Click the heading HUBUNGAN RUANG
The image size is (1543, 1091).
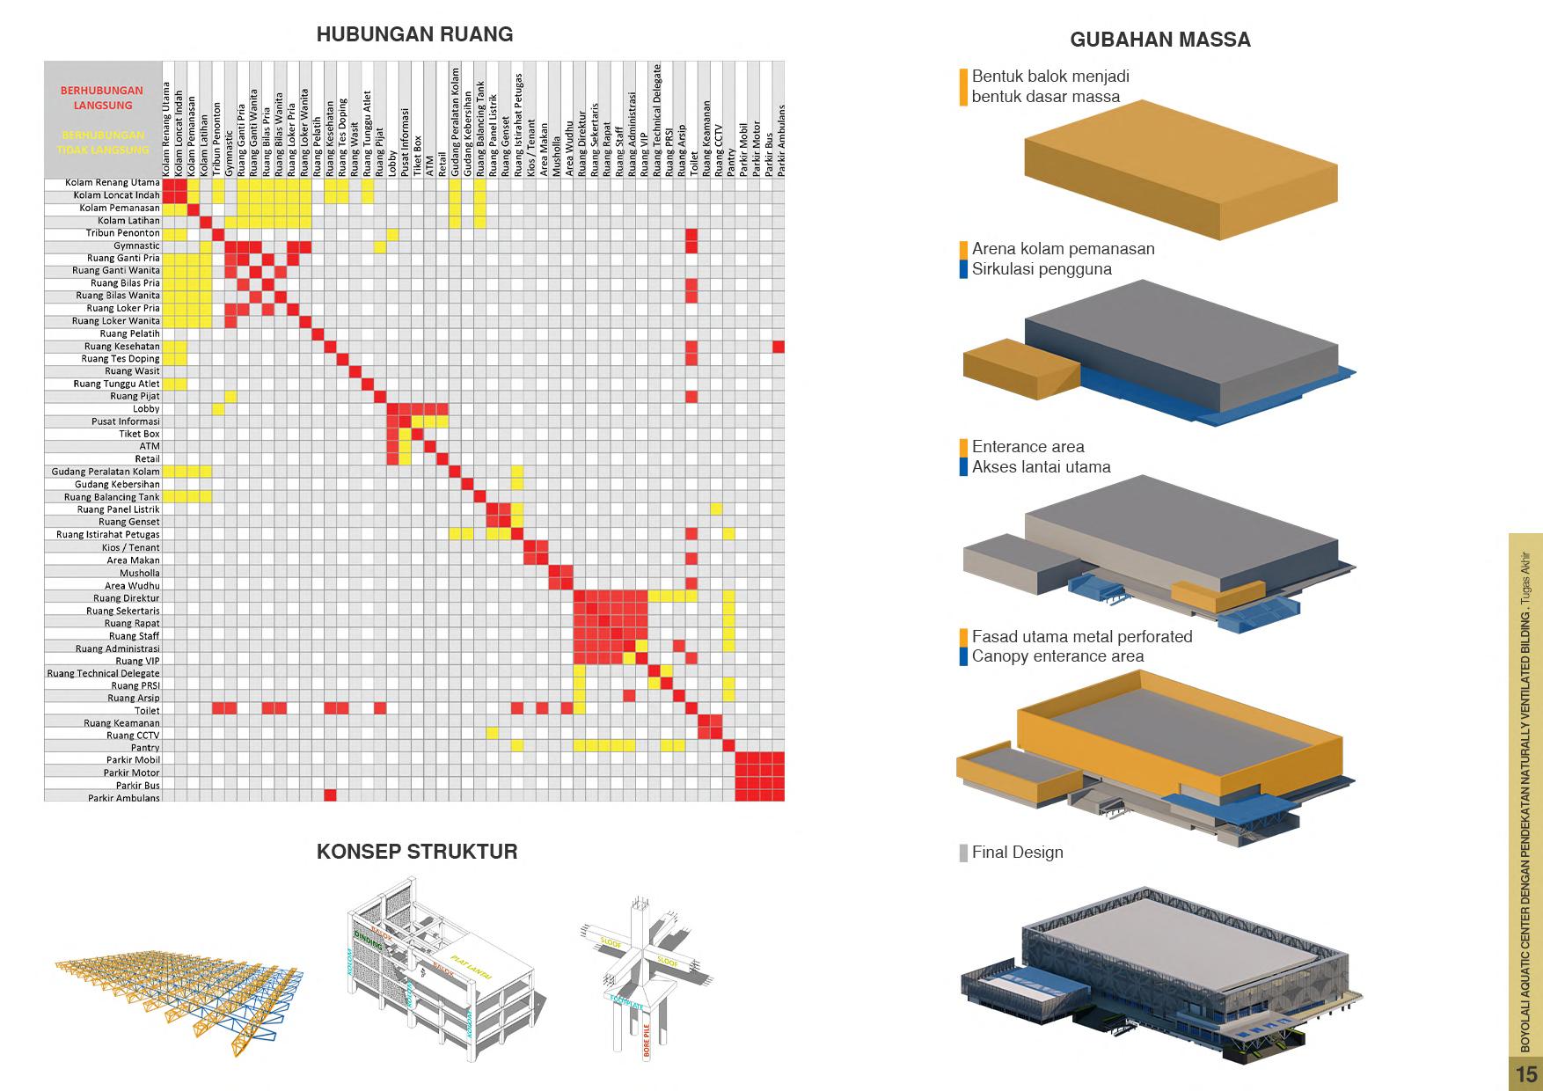click(414, 34)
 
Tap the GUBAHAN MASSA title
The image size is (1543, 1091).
click(1159, 40)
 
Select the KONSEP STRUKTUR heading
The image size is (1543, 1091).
click(417, 852)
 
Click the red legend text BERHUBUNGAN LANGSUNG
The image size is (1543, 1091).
click(102, 98)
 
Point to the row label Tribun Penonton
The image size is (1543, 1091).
click(123, 233)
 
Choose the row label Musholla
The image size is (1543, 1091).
click(140, 573)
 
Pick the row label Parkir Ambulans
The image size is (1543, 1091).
click(124, 798)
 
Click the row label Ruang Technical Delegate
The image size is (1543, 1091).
click(104, 673)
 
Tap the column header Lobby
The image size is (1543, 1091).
click(392, 165)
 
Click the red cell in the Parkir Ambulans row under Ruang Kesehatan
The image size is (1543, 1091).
click(330, 795)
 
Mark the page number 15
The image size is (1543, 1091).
click(1526, 1074)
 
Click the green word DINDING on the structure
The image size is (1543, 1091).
click(367, 941)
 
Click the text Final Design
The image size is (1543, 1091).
click(1017, 853)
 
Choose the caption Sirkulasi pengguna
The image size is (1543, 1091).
click(1042, 269)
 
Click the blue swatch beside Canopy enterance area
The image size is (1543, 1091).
click(964, 656)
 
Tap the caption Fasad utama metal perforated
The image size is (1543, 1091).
click(1082, 636)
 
